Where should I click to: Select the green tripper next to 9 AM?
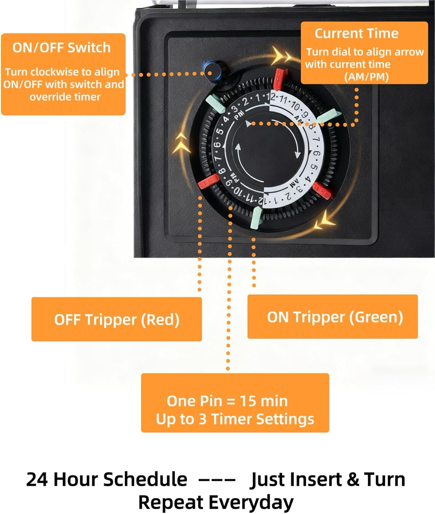coord(327,116)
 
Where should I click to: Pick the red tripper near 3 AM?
coord(323,191)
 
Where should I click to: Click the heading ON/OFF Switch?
coord(62,48)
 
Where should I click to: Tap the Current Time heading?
coord(357,33)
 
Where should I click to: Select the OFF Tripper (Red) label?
coord(117,319)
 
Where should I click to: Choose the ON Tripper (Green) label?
coord(335,317)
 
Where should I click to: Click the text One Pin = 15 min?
coord(227,401)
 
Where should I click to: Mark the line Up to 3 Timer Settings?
coord(235,419)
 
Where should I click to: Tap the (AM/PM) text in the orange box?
coord(366,77)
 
